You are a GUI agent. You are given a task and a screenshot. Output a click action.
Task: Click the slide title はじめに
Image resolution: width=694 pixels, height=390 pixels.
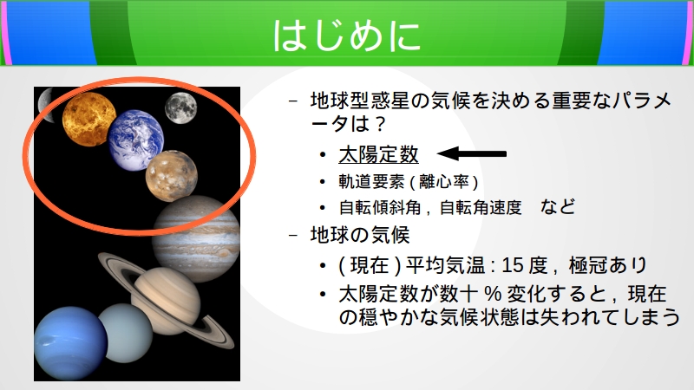(346, 36)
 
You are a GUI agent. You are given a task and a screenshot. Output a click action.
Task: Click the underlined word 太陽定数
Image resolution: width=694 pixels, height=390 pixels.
(378, 155)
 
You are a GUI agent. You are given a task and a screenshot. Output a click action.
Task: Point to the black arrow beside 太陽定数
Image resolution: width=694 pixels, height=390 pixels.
(471, 154)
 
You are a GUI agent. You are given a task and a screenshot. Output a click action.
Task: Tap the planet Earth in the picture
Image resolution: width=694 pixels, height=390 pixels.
(136, 140)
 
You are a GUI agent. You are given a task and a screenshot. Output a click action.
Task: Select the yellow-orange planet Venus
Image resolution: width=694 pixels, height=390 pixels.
(89, 120)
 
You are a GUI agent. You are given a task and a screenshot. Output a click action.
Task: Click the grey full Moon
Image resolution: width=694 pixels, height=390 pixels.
(180, 107)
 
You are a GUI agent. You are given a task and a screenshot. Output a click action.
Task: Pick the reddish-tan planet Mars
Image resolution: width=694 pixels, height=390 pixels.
(171, 176)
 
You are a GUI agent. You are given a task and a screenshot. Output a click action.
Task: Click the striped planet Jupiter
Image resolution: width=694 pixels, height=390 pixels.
(196, 239)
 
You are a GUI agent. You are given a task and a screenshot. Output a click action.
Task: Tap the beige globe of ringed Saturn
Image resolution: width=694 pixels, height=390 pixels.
(167, 301)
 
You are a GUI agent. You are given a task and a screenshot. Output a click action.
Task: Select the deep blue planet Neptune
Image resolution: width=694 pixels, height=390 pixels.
(71, 343)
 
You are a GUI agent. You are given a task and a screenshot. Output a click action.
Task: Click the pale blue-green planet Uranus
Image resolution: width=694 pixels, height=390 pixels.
(125, 333)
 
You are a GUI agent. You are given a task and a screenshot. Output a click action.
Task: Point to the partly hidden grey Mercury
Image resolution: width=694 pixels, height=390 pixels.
(46, 105)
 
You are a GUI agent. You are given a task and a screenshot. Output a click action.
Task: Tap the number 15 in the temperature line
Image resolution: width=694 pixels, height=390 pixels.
(513, 265)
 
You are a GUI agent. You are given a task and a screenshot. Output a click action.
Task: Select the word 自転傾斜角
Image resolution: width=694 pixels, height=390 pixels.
(380, 207)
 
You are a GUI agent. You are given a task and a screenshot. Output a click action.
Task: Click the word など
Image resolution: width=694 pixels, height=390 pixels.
(558, 206)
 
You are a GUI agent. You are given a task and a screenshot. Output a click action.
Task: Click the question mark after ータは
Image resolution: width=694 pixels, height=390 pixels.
(380, 124)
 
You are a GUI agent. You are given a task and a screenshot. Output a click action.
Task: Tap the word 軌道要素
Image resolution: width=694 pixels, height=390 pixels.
(371, 182)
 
